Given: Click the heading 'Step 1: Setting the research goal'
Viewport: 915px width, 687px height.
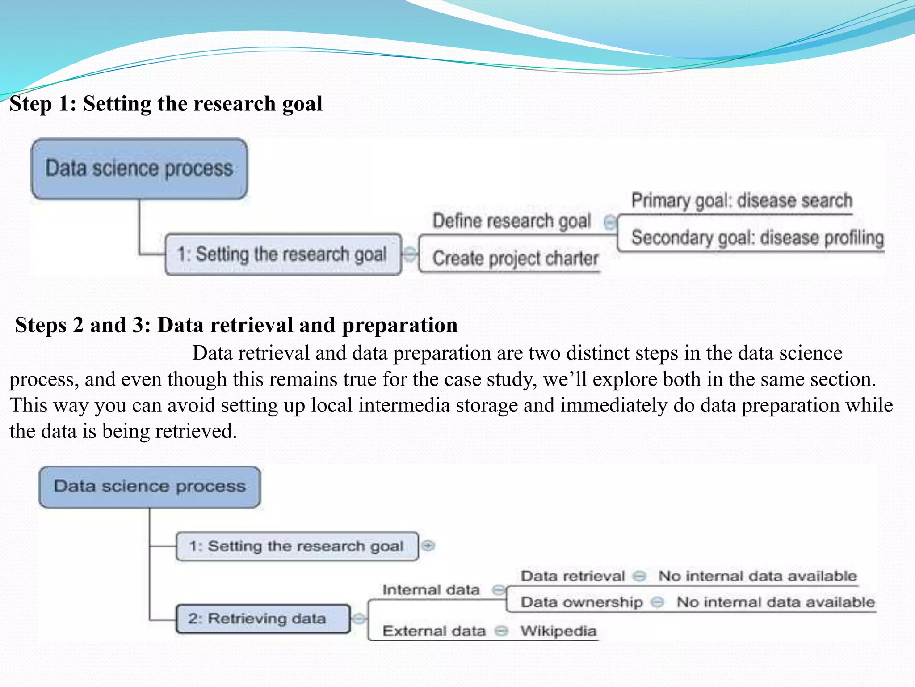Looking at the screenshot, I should point(166,104).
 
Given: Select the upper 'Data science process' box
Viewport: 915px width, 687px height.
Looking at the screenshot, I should point(139,169).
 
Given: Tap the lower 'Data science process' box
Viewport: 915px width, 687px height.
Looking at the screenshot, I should point(150,487).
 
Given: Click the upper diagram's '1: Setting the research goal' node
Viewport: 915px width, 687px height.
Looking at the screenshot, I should point(282,254).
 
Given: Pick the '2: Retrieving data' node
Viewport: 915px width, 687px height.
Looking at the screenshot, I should point(263,619).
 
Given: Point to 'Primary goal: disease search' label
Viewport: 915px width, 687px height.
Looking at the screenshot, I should point(742,201).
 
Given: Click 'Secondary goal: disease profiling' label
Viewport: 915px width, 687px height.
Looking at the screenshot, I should point(757,237).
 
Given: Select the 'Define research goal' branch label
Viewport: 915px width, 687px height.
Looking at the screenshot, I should point(512,221).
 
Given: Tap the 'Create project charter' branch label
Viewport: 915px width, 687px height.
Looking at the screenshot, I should point(515,259).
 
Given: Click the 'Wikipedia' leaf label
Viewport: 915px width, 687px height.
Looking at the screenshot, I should point(558,631).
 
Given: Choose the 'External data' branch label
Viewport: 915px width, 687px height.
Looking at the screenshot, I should point(434,631).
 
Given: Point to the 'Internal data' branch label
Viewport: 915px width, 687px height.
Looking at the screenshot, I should point(431,590).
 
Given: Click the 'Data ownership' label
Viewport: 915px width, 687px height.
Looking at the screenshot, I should point(582,602).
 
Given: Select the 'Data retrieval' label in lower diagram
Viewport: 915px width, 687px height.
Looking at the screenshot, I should point(573,576).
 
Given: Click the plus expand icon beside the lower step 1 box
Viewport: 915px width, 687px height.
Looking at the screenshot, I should point(428,546).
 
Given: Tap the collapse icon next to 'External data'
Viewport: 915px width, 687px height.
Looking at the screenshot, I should point(502,631).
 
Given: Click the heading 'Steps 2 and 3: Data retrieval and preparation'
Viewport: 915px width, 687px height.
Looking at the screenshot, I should point(236,325).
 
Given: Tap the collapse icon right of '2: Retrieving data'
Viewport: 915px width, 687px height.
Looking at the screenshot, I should point(358,619).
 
